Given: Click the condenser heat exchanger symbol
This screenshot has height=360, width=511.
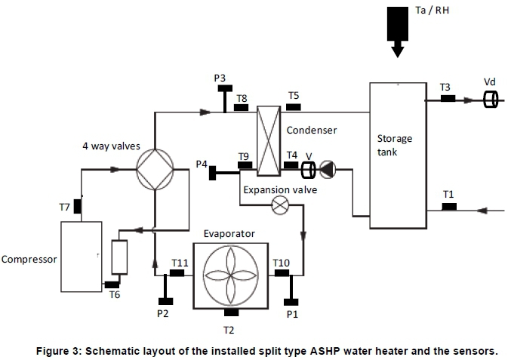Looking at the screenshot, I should coord(269,140).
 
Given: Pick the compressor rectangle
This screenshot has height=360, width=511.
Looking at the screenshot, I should coord(81,256).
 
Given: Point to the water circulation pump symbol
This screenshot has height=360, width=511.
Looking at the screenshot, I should coord(327,169).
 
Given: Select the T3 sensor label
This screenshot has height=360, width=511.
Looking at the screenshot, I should coord(445,88).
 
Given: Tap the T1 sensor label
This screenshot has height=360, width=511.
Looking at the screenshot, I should coord(448,195).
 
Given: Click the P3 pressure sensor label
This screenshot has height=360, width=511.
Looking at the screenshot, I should coord(220,78).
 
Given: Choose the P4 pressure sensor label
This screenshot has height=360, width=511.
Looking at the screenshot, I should coord(202,164).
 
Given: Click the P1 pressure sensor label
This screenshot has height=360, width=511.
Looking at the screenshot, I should coord(292,312).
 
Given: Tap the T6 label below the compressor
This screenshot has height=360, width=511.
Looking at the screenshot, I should coord(114,295).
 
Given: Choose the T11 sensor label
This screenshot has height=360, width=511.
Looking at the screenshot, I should coord(180,262).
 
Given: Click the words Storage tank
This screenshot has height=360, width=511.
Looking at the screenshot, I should coord(395,145).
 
